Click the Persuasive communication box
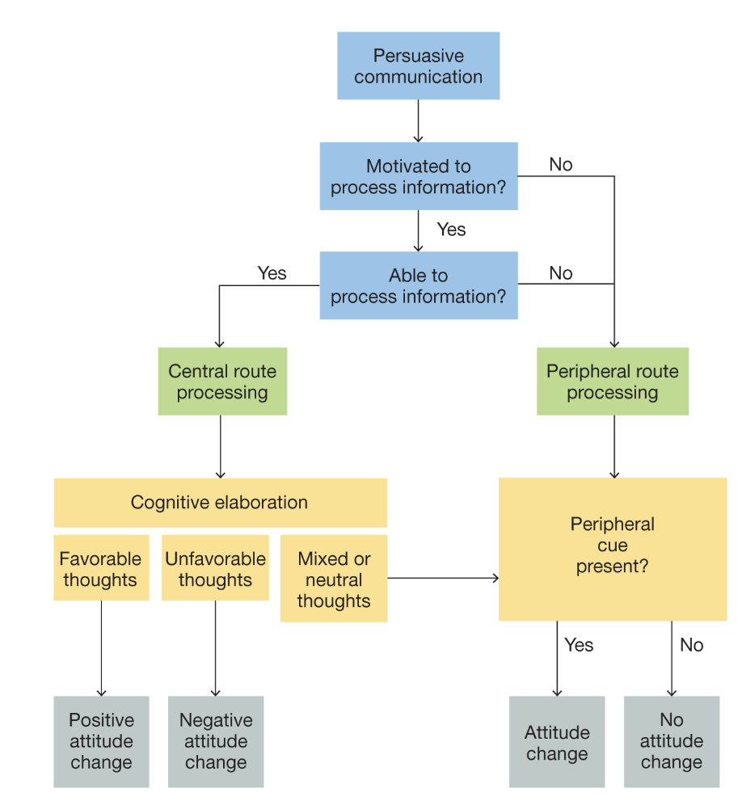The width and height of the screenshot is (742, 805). point(418,66)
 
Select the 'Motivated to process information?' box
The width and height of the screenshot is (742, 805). point(418,176)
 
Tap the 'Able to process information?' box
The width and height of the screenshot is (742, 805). point(418,285)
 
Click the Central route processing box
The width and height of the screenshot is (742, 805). point(222,381)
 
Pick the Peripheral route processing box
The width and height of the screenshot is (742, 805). point(612,381)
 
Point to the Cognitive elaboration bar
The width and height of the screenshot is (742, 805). point(220,503)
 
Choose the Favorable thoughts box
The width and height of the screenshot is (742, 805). point(101,568)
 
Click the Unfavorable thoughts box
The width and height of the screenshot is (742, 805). point(215,568)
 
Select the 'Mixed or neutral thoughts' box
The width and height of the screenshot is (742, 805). point(333,579)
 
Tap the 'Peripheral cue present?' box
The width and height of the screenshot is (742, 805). point(612,549)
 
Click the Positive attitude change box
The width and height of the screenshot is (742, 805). point(101,741)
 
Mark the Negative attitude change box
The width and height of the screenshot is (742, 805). point(215,741)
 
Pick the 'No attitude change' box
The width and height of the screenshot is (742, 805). point(671,741)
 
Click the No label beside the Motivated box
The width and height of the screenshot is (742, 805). point(560,165)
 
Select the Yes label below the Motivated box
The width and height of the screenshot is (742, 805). point(451,230)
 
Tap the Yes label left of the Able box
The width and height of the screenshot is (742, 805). point(272,273)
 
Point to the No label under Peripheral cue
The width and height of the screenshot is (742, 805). point(691,645)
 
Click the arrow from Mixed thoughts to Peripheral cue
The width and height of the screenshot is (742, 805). point(442,579)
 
